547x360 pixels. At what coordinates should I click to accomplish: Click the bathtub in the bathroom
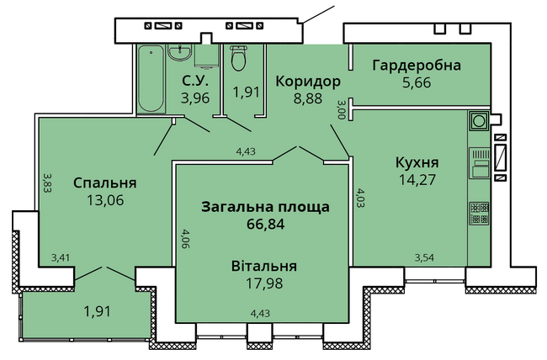tap(151, 79)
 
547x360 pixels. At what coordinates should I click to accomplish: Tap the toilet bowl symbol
tap(239, 59)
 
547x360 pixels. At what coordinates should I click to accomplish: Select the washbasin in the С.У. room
tap(179, 53)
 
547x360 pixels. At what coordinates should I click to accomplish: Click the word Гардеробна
tap(417, 66)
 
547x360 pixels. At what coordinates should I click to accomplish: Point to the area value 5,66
tap(417, 82)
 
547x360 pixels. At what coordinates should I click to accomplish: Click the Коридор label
tap(308, 82)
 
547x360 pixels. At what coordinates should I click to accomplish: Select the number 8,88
tap(308, 98)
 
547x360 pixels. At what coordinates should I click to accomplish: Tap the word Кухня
tap(417, 162)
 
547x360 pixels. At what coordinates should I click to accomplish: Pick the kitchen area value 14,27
tap(417, 180)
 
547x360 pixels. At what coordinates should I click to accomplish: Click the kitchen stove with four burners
tap(479, 214)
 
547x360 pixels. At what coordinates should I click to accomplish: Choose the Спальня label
tap(105, 183)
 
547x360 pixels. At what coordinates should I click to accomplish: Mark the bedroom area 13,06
tap(105, 200)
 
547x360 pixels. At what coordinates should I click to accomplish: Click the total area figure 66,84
tap(265, 224)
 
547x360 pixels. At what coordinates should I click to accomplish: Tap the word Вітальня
tap(264, 266)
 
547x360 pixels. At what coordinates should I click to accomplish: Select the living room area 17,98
tap(264, 283)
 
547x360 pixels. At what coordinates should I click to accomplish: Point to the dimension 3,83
tap(47, 183)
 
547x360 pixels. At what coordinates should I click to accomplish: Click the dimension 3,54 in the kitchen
tap(424, 257)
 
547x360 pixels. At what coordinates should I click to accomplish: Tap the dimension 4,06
tap(185, 238)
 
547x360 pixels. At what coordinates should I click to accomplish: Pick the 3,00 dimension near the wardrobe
tap(341, 109)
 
